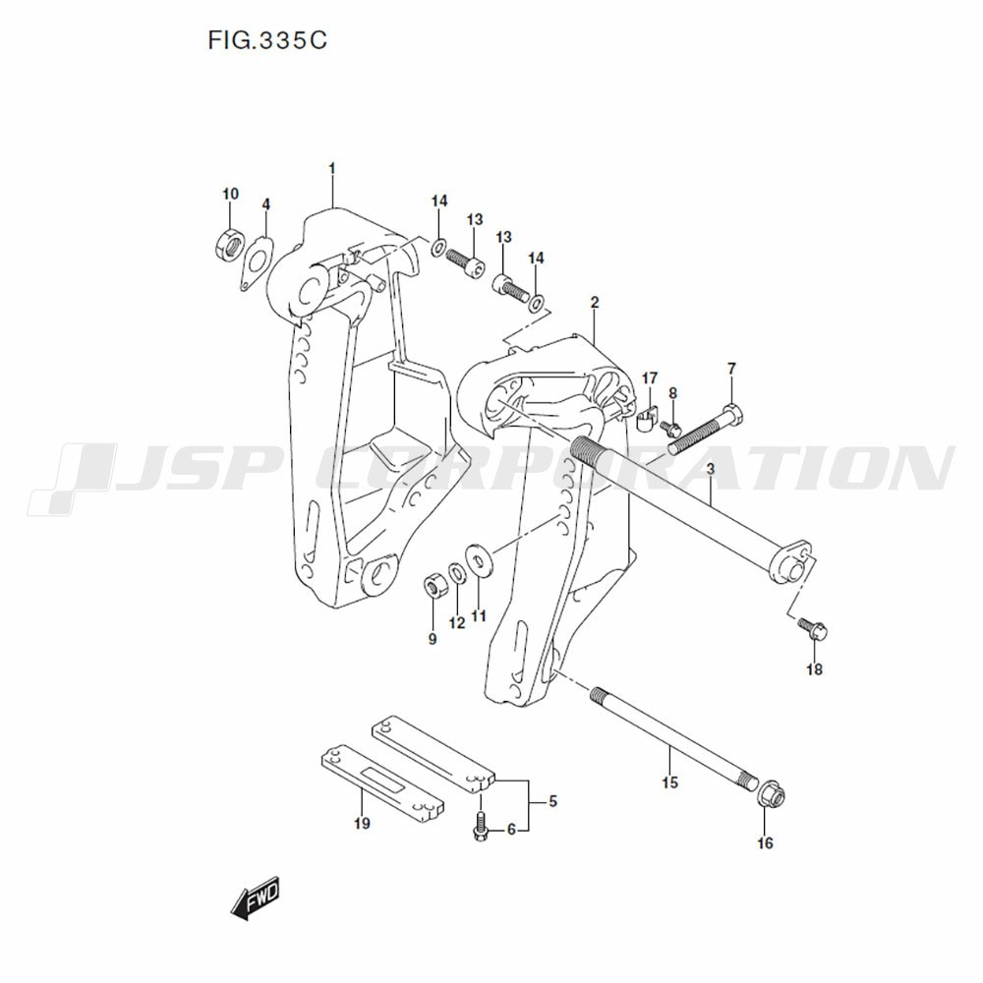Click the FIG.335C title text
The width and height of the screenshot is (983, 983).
click(x=267, y=40)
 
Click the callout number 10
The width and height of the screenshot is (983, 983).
click(x=231, y=194)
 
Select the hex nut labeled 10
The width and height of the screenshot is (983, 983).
click(x=228, y=245)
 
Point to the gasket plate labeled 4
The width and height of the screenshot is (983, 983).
click(x=256, y=262)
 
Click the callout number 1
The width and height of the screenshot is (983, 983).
click(x=332, y=169)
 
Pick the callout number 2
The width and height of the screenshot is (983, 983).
click(x=595, y=303)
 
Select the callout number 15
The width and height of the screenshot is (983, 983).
click(x=669, y=782)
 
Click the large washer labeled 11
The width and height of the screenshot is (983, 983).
click(x=480, y=558)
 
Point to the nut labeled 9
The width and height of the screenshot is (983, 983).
click(x=434, y=586)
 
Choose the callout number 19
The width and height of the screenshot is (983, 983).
click(x=362, y=823)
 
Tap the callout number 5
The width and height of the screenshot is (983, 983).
click(x=552, y=800)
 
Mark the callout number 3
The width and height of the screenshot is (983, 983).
click(x=711, y=469)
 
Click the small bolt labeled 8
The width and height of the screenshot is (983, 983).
click(x=670, y=429)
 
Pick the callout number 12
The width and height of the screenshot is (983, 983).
click(x=457, y=623)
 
